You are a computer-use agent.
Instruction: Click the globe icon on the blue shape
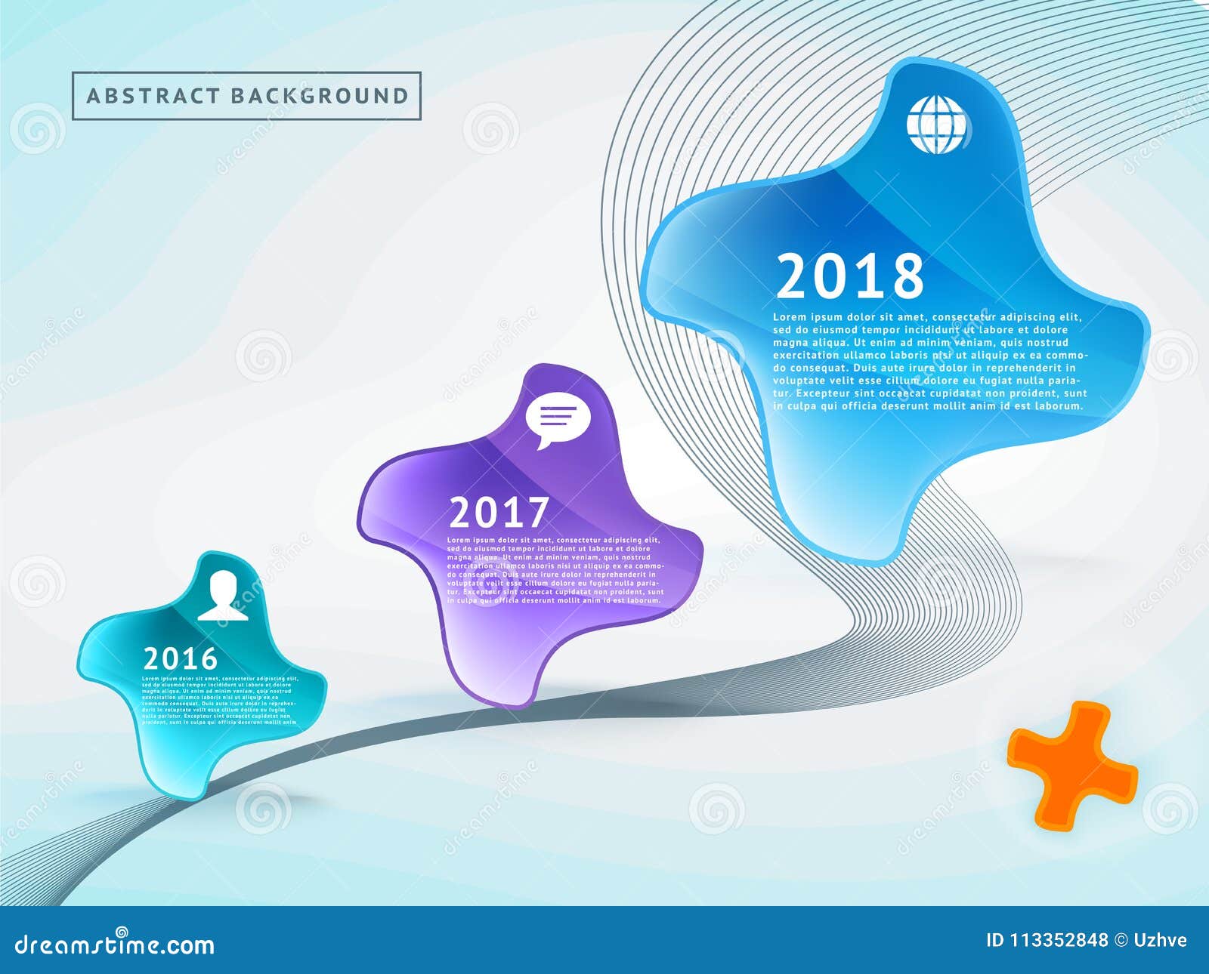pyautogui.click(x=938, y=124)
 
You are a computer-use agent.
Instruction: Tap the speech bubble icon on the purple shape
pyautogui.click(x=558, y=420)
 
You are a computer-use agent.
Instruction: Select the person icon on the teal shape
pyautogui.click(x=223, y=596)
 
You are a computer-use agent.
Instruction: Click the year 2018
pyautogui.click(x=850, y=276)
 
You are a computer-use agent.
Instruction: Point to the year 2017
pyautogui.click(x=499, y=513)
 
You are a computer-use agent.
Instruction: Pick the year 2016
pyautogui.click(x=181, y=659)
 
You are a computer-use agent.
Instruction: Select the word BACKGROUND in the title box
pyautogui.click(x=319, y=96)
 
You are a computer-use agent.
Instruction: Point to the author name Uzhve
pyautogui.click(x=1160, y=940)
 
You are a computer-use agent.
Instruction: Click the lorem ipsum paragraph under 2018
pyautogui.click(x=929, y=361)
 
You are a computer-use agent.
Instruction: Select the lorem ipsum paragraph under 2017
pyautogui.click(x=555, y=570)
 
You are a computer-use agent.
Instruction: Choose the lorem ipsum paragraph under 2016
pyautogui.click(x=220, y=701)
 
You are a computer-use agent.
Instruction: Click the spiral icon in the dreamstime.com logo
pyautogui.click(x=122, y=932)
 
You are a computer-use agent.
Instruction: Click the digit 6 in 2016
pyautogui.click(x=206, y=659)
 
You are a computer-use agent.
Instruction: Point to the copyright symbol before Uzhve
pyautogui.click(x=1121, y=940)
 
